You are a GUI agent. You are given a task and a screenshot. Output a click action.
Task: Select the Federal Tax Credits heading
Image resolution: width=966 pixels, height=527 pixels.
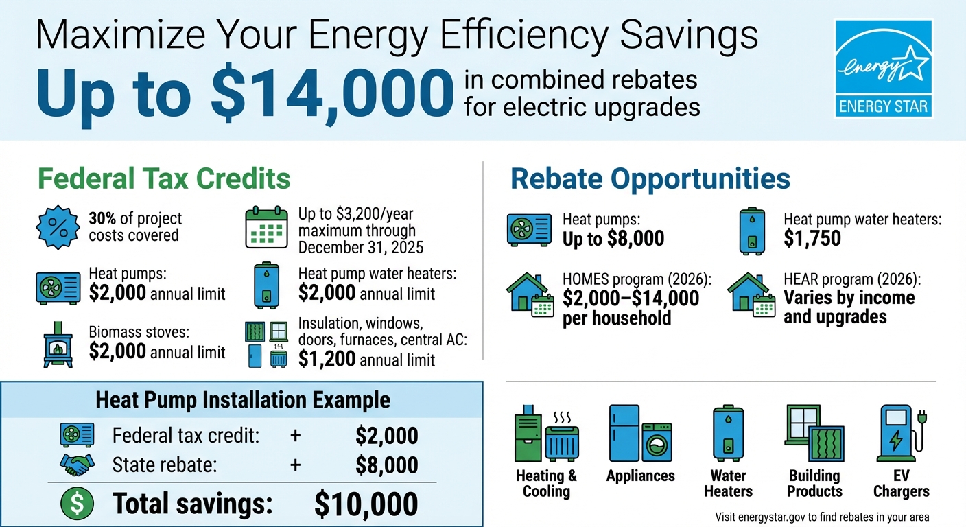point(163,179)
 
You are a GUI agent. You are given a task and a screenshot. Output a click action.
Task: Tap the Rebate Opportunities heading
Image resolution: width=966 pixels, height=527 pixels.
point(650,179)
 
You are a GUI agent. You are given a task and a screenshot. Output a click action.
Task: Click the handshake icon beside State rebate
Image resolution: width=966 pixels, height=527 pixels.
point(78,465)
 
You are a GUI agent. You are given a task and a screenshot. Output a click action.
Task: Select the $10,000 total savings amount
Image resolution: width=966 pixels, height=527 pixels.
point(366,504)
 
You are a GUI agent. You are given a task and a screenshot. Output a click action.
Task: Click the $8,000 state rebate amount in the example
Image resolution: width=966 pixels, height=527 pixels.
point(386,465)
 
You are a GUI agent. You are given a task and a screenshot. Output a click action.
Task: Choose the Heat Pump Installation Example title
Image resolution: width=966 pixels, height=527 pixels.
point(243,400)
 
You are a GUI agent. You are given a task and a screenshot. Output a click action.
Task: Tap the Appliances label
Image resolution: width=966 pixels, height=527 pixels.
point(640,476)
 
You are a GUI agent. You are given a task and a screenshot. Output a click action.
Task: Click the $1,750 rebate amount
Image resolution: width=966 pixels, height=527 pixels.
point(812,239)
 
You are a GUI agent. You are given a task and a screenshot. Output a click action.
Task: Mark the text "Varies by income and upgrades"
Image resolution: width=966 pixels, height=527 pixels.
point(849,307)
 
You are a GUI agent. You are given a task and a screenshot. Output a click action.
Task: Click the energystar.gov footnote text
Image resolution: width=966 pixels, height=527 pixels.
point(822,517)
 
